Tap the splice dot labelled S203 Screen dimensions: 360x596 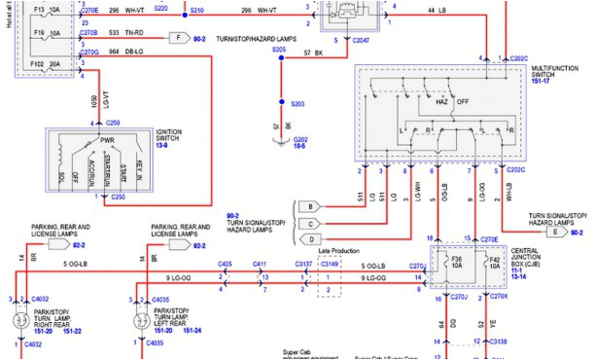281,102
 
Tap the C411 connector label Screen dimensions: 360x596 261,264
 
